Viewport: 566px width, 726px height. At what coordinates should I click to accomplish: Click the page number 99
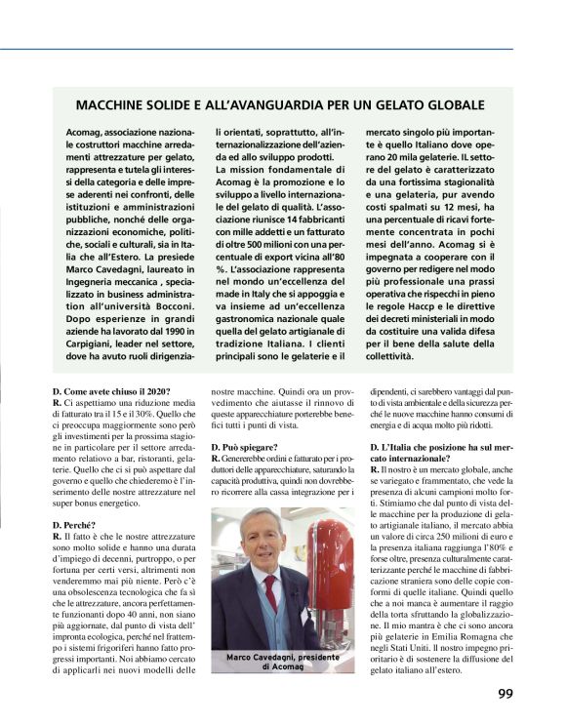pos(505,694)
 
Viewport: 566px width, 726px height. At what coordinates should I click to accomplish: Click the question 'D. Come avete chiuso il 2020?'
pos(111,390)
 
